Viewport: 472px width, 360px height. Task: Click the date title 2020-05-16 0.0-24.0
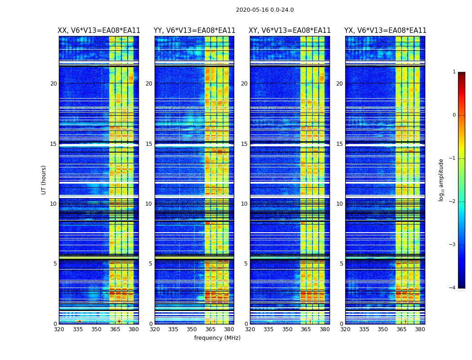pyautogui.click(x=265, y=10)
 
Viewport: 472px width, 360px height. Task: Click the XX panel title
pyautogui.click(x=99, y=31)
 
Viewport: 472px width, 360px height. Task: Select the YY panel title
pyautogui.click(x=194, y=31)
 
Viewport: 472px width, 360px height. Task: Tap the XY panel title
pyautogui.click(x=290, y=31)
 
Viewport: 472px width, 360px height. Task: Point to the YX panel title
pyautogui.click(x=385, y=31)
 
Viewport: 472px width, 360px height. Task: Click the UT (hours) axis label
pyautogui.click(x=44, y=180)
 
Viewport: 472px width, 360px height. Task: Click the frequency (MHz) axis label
pyautogui.click(x=217, y=338)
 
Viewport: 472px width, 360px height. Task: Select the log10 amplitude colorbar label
pyautogui.click(x=441, y=180)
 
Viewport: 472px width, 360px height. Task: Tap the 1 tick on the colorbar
pyautogui.click(x=454, y=72)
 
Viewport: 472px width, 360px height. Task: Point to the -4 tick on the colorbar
pyautogui.click(x=453, y=288)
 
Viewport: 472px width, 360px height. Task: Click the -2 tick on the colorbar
pyautogui.click(x=453, y=202)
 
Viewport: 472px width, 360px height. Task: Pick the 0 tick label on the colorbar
pyautogui.click(x=454, y=115)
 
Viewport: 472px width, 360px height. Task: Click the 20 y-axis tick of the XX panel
pyautogui.click(x=53, y=84)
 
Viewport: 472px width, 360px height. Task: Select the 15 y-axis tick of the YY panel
pyautogui.click(x=148, y=144)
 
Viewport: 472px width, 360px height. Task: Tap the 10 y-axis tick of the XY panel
pyautogui.click(x=244, y=204)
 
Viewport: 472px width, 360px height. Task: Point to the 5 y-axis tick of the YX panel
pyautogui.click(x=342, y=264)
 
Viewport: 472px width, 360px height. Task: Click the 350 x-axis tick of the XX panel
pyautogui.click(x=96, y=329)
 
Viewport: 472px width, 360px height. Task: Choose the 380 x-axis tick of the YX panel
pyautogui.click(x=420, y=329)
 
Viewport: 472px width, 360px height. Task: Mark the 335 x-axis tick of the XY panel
pyautogui.click(x=268, y=329)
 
